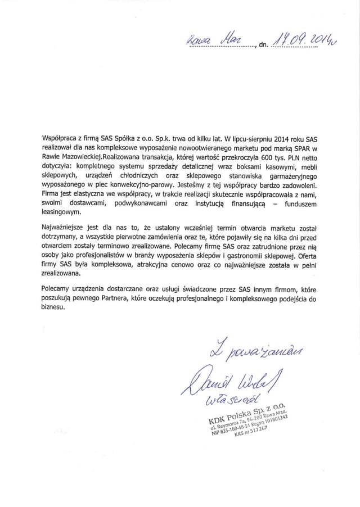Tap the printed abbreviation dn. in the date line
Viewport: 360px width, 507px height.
263,46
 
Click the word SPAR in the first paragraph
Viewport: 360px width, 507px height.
318,148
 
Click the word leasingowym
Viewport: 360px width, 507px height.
62,212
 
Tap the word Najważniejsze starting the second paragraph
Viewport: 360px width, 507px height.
64,227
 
